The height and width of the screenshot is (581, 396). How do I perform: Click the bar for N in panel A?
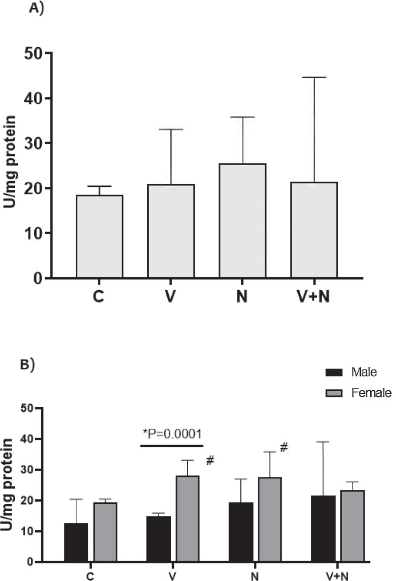tap(242, 221)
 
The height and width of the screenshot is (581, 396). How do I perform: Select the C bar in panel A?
tap(99, 237)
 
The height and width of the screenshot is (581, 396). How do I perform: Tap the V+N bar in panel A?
tap(314, 230)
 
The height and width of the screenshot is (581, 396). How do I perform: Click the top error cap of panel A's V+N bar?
tap(314, 77)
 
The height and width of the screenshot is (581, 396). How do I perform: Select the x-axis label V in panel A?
tap(170, 296)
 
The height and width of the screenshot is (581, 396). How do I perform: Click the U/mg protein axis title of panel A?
tap(10, 162)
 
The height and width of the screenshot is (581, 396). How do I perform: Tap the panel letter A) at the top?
tap(36, 9)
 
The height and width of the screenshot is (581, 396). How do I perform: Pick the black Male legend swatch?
tap(334, 372)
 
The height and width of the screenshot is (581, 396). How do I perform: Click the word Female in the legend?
tap(371, 392)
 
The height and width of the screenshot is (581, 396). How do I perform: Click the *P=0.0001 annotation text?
tap(172, 434)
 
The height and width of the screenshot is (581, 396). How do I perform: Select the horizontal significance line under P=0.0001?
tap(172, 446)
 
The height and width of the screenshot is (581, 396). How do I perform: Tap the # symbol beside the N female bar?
tap(284, 447)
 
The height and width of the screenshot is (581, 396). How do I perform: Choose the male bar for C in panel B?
tap(76, 543)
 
